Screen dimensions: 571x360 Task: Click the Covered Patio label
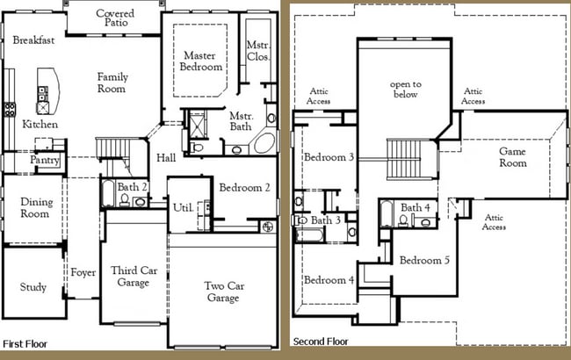(x=115, y=18)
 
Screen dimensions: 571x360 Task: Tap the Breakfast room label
(x=33, y=40)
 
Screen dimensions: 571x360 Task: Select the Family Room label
(x=112, y=83)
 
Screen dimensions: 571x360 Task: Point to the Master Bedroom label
(x=200, y=61)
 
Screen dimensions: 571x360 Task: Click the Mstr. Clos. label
(x=257, y=51)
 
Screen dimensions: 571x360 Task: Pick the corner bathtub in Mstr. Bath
(x=264, y=143)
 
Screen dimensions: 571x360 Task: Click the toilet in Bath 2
(x=125, y=200)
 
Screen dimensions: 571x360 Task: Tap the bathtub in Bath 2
(x=108, y=193)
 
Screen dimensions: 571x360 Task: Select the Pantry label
(x=45, y=160)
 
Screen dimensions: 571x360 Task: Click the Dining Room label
(x=36, y=207)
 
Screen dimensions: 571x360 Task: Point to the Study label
(x=33, y=287)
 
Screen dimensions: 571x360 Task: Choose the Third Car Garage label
(x=134, y=277)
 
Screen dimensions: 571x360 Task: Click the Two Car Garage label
(x=224, y=292)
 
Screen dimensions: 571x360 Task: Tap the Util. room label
(x=183, y=207)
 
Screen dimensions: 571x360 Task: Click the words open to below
(x=406, y=90)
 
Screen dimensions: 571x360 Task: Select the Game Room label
(x=513, y=157)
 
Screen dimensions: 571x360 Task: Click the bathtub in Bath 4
(x=387, y=213)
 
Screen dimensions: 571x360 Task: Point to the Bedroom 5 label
(x=424, y=260)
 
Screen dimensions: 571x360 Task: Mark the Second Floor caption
(x=321, y=342)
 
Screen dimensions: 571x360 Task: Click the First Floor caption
(x=25, y=344)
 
